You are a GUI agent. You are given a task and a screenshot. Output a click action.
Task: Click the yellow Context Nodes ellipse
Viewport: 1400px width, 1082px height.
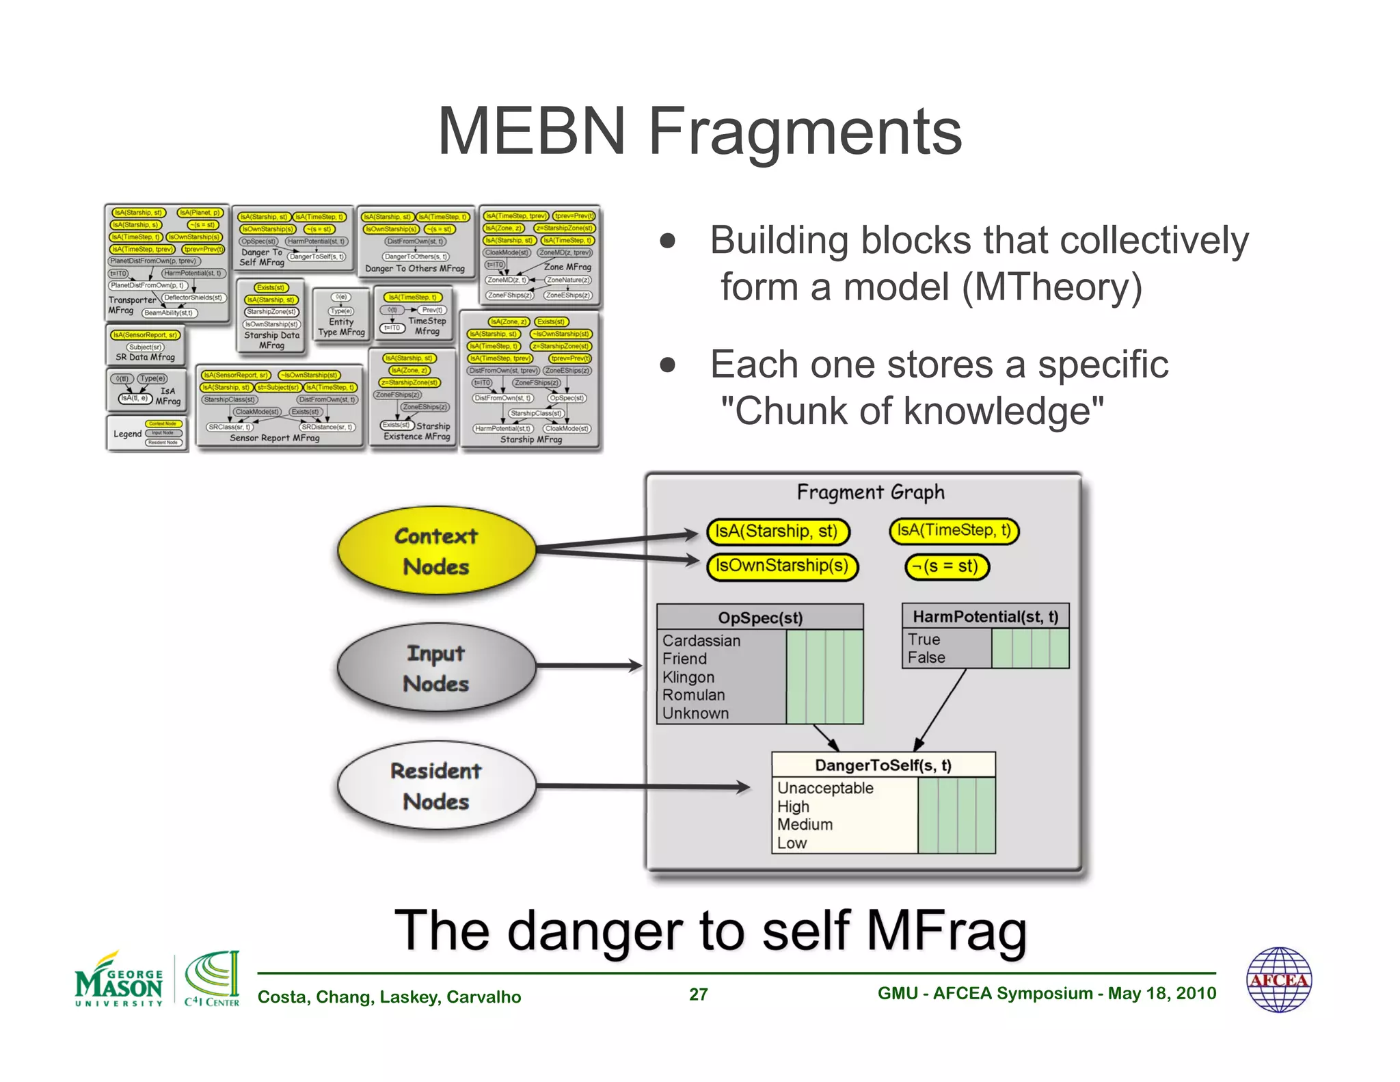pos(436,551)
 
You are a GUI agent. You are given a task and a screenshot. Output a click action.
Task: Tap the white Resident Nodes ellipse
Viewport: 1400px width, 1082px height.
pos(436,786)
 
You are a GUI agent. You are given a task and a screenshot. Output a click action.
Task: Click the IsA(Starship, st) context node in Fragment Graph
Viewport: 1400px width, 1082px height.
pos(777,531)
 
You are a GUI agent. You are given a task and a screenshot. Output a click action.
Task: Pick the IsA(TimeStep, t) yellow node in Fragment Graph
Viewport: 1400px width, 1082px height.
pos(954,531)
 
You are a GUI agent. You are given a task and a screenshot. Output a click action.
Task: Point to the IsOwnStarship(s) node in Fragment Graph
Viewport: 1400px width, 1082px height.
pos(781,566)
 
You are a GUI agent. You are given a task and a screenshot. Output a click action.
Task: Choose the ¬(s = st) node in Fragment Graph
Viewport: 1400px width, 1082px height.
pos(947,566)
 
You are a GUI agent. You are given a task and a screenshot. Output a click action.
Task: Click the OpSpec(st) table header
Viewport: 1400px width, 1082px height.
pos(759,618)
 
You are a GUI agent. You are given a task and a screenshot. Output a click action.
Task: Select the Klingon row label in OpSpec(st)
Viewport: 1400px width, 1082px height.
pos(688,677)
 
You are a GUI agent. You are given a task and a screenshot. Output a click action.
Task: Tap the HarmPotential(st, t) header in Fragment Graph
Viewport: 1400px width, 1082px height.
pos(985,617)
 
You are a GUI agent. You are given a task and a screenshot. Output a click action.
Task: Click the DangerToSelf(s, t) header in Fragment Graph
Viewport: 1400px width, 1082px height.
pos(883,765)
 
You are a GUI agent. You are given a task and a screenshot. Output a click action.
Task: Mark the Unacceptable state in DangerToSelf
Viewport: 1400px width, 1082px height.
pos(825,788)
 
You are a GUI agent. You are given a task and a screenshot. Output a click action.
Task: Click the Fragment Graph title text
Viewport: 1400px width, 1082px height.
pos(870,492)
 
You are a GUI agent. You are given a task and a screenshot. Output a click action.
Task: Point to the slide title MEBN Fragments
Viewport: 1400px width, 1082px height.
pos(699,131)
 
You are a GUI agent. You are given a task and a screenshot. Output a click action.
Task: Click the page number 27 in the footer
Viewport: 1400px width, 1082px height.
pos(698,994)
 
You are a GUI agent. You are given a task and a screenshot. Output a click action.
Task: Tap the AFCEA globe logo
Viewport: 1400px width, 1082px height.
pos(1278,979)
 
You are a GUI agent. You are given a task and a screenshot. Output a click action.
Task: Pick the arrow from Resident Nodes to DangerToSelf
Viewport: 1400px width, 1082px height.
pos(643,787)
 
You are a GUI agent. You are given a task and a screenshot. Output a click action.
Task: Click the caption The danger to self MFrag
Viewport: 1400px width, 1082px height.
pos(710,930)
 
